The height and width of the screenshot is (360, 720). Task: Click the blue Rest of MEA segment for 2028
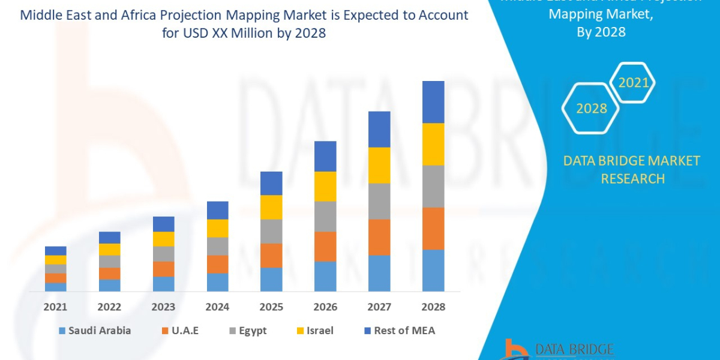tap(433, 102)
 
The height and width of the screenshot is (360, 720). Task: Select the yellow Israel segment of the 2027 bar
tap(379, 165)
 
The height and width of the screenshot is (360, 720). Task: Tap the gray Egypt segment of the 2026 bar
tap(325, 216)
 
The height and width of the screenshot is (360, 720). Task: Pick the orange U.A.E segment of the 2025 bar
tap(271, 255)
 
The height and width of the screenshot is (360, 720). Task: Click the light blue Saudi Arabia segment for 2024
tap(217, 282)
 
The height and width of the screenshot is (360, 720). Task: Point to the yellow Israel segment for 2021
tap(56, 260)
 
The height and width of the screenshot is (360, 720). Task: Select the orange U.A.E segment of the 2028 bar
tap(433, 228)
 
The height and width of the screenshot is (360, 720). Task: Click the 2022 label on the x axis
tap(109, 307)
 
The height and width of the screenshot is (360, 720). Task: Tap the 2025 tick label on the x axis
tap(271, 307)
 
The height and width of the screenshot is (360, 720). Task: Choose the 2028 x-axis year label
tap(433, 307)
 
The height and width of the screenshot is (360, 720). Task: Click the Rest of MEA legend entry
tap(398, 331)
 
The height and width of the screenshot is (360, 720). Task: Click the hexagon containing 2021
tap(633, 83)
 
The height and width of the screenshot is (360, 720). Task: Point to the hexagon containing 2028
tap(592, 109)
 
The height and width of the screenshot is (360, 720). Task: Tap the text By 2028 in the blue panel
tap(601, 32)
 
